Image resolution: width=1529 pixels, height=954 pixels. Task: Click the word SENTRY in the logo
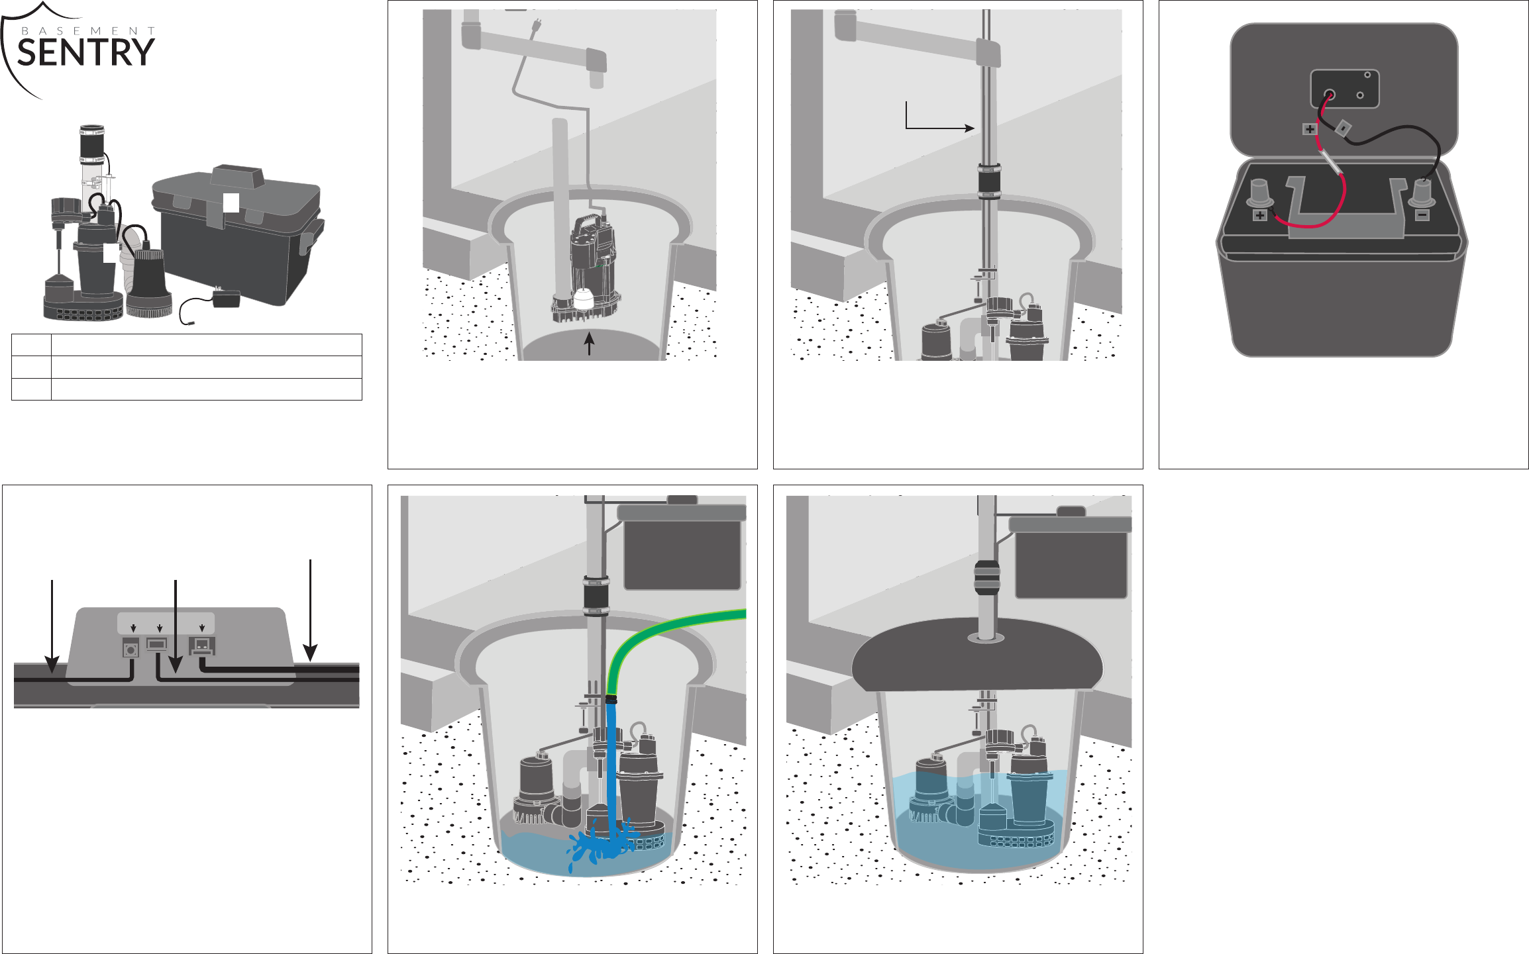point(85,52)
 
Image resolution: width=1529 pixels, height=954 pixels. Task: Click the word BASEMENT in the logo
point(88,30)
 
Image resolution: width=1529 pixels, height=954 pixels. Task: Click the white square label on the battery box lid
point(231,203)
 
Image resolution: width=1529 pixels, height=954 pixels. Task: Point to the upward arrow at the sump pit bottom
point(589,344)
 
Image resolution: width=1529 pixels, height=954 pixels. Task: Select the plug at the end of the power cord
point(535,26)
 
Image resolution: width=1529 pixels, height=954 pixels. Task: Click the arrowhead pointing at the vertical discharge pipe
point(970,128)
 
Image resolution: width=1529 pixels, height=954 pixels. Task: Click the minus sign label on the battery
point(1422,215)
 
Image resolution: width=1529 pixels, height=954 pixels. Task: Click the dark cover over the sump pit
point(977,655)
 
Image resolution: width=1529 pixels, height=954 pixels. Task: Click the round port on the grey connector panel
point(131,649)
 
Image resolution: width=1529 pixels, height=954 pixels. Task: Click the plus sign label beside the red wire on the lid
point(1310,129)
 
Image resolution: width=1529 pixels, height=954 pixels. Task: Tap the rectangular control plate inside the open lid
point(1345,89)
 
